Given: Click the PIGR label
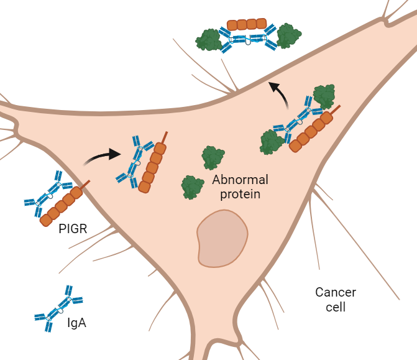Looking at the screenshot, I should (73, 229).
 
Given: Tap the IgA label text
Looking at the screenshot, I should (76, 323).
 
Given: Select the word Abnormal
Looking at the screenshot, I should (240, 180).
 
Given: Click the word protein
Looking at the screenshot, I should (240, 194).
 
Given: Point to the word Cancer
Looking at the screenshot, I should (336, 292).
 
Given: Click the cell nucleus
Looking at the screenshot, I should (222, 238).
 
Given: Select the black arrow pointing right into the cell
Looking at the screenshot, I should (103, 155).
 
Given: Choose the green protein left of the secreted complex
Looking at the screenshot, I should (209, 40).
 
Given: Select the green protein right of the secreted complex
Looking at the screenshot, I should (289, 36).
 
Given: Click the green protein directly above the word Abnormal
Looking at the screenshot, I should (213, 158).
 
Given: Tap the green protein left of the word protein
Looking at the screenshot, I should (192, 187).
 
